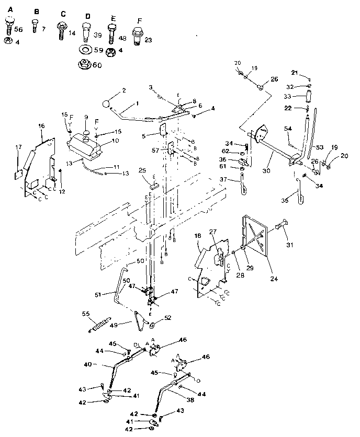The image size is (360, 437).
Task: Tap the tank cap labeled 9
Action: tap(86, 132)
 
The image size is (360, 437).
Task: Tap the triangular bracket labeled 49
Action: tap(138, 320)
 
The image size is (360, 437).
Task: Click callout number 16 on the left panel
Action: tap(41, 126)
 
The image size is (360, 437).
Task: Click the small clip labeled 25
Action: tap(154, 183)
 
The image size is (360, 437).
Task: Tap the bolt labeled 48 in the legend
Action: tap(111, 33)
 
